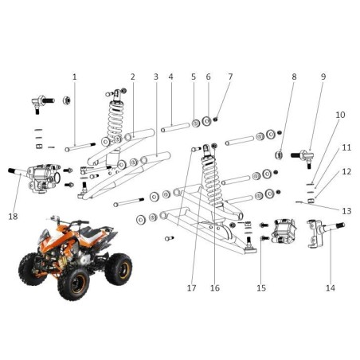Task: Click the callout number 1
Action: tap(74, 77)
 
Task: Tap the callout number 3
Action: tap(155, 77)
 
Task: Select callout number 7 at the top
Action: tap(230, 77)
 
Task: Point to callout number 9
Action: tap(323, 77)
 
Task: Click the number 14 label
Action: tap(331, 288)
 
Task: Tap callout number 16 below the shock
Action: tap(214, 288)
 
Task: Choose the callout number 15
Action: tap(260, 288)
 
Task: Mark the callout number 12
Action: tap(346, 172)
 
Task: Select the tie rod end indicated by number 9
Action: tap(305, 155)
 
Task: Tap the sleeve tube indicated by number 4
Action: tap(174, 127)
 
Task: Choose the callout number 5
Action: tap(193, 77)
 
